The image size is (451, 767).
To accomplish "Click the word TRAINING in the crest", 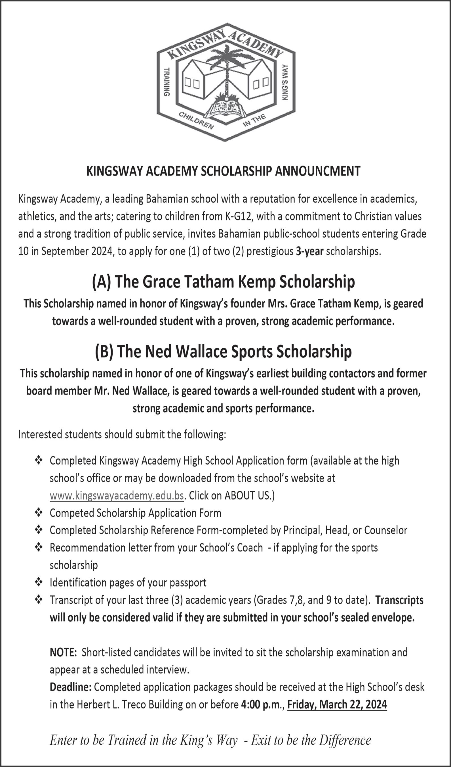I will tap(167, 82).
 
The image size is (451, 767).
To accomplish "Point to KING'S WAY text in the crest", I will tap(285, 82).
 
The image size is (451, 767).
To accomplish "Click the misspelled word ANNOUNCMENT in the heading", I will tap(318, 171).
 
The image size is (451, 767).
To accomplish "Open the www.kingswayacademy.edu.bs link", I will tap(117, 496).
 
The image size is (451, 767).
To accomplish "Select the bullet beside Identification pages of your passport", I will tap(39, 583).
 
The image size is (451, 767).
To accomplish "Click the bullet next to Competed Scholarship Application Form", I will tap(39, 513).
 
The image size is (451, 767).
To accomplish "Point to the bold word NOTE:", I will tap(63, 652).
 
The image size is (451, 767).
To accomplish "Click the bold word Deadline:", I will tap(71, 687).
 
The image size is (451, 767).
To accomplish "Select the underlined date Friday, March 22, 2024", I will tap(337, 705).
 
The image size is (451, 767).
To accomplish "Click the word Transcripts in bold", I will tap(399, 600).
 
